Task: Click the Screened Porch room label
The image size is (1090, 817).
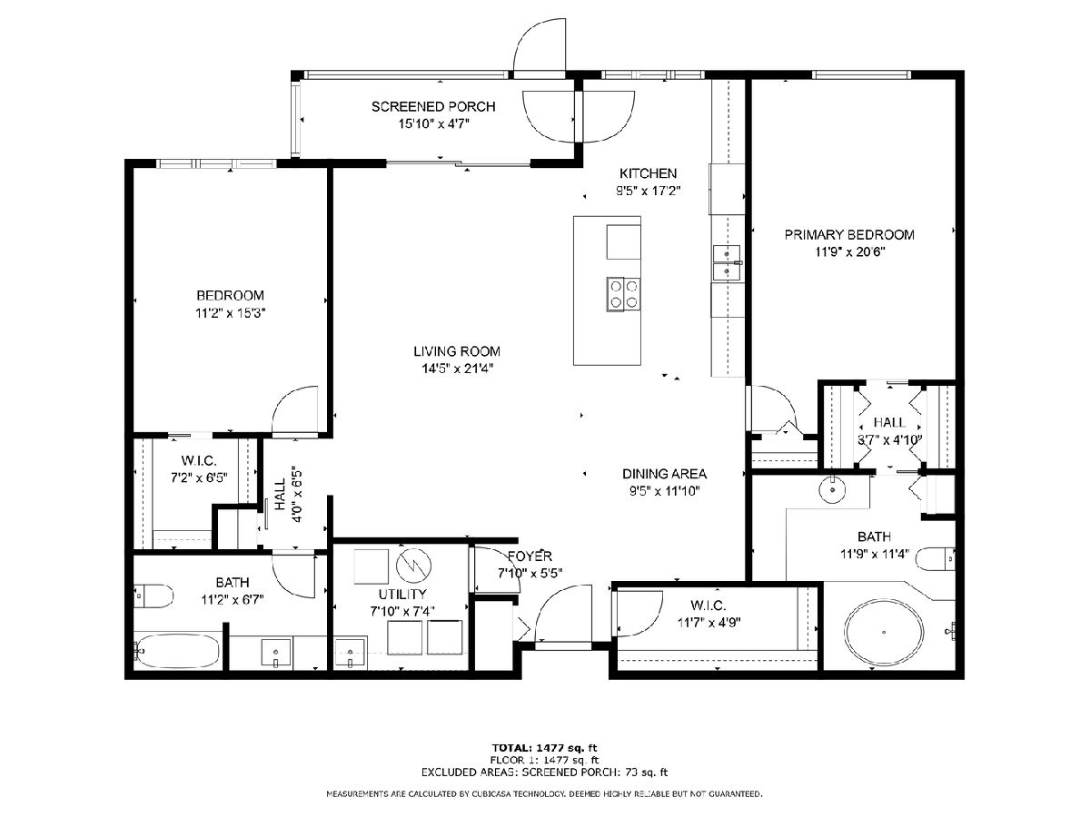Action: tap(433, 106)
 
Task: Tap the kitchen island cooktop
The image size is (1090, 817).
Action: tap(623, 293)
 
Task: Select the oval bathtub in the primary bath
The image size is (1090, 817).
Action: tap(885, 632)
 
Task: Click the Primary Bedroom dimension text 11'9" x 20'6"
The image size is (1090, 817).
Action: tap(849, 252)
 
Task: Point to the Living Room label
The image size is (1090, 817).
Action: tap(457, 351)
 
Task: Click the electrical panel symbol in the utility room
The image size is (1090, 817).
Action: tap(413, 566)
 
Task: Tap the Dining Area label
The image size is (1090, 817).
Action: tap(664, 474)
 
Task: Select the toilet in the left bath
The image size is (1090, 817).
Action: tap(154, 596)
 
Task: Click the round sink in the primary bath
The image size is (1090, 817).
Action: tap(832, 490)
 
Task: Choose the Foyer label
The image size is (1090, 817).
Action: tap(530, 556)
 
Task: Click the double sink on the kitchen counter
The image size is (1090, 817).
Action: tap(727, 263)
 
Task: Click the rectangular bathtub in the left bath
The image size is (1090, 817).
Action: tap(177, 650)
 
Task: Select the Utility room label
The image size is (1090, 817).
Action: tap(402, 594)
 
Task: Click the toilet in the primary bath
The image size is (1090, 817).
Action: tap(935, 559)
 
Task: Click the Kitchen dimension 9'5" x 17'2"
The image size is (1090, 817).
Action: tap(648, 191)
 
